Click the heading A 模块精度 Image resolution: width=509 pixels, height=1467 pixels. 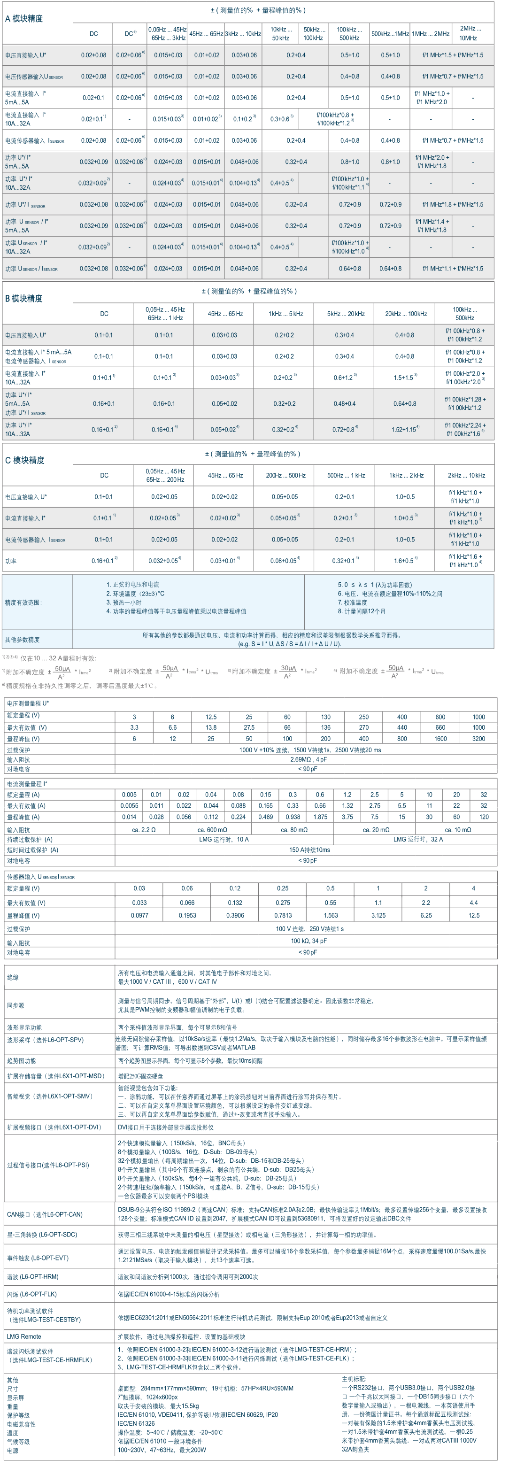(x=24, y=19)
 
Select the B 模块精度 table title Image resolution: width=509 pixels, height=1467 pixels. (x=24, y=298)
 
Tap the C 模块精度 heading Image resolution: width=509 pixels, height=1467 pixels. (x=24, y=460)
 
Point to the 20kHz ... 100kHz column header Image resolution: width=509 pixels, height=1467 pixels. (x=405, y=314)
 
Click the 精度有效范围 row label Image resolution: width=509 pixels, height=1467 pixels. (x=23, y=602)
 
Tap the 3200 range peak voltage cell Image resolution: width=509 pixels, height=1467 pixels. (x=478, y=739)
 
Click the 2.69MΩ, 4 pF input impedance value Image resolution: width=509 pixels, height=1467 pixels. (x=308, y=759)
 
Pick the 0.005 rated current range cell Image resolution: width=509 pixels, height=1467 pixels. (x=129, y=795)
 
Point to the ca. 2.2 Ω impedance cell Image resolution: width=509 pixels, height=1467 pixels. (x=144, y=830)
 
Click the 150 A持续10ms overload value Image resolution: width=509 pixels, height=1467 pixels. (x=309, y=849)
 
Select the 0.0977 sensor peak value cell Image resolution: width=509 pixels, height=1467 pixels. (x=139, y=915)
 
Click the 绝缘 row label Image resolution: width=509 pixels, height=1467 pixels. (x=13, y=977)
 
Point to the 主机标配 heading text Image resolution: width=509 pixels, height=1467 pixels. (x=354, y=1379)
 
